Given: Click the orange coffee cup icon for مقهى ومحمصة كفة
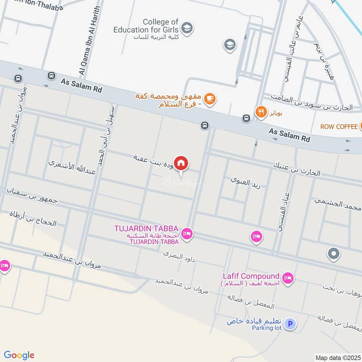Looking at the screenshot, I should pyautogui.click(x=209, y=98).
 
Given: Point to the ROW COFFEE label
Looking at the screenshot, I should pyautogui.click(x=338, y=126).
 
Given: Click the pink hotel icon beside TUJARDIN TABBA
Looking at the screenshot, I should pyautogui.click(x=186, y=234).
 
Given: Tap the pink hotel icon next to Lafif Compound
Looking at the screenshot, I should pyautogui.click(x=287, y=277).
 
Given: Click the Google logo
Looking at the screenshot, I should pyautogui.click(x=19, y=355).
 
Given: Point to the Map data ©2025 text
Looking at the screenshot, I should pyautogui.click(x=337, y=357).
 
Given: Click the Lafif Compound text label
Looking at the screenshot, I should pyautogui.click(x=251, y=276).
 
